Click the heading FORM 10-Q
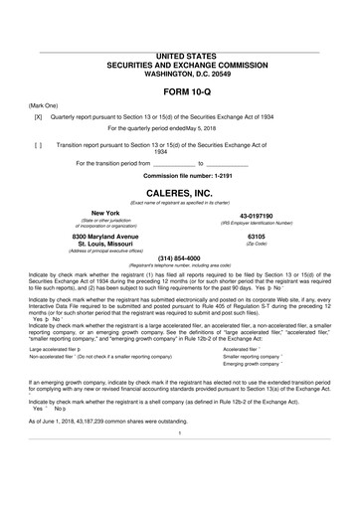click(x=180, y=90)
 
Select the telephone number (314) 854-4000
click(x=180, y=257)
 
